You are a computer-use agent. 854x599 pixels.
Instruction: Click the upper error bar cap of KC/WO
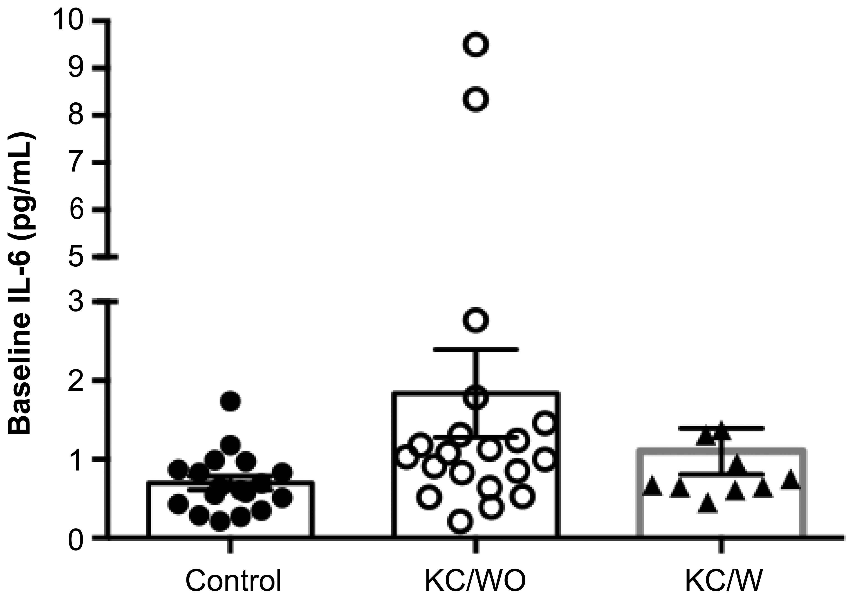(476, 349)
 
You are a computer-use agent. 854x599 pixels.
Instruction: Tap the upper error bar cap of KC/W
(722, 428)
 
